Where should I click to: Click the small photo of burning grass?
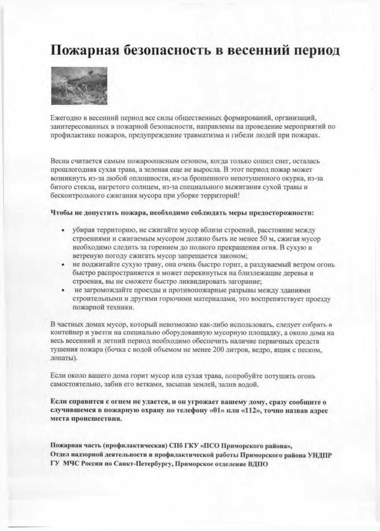(79, 86)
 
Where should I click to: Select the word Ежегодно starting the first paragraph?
(65, 116)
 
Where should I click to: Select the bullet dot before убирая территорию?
(62, 230)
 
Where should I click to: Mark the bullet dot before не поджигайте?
(62, 265)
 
